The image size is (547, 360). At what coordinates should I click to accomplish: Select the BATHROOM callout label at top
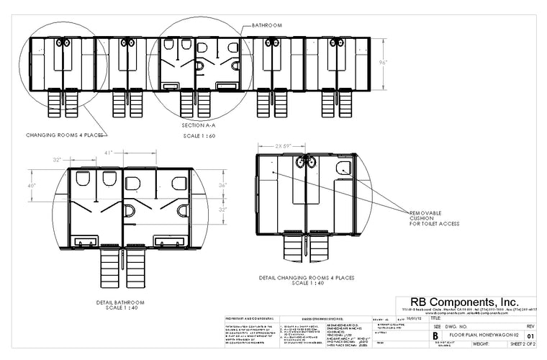(x=266, y=25)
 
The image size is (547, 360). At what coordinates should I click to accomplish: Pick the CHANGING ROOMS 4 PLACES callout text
(x=65, y=135)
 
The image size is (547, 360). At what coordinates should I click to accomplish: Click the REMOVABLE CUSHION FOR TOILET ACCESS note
(x=435, y=218)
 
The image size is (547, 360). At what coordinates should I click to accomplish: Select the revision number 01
(x=531, y=336)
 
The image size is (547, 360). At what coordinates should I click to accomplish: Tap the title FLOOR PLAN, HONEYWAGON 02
(x=484, y=336)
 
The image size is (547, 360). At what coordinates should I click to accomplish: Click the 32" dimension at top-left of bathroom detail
(x=57, y=160)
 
